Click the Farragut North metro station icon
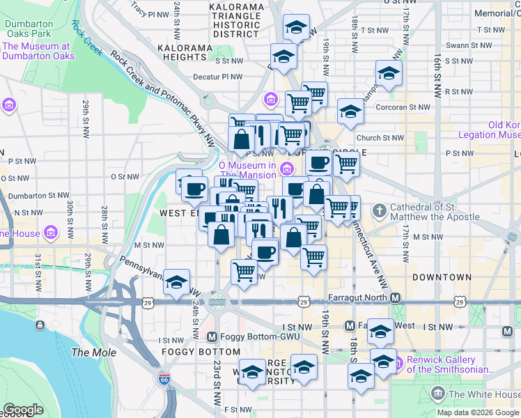click(395, 298)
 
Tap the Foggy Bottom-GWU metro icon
click(214, 337)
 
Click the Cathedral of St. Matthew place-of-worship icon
click(379, 210)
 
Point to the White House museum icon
click(438, 394)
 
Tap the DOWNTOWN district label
click(442, 277)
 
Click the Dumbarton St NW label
click(45, 196)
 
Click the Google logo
click(23, 410)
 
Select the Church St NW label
click(380, 138)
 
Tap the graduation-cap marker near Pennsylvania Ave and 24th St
click(177, 281)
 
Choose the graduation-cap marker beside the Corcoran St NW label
click(350, 111)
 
